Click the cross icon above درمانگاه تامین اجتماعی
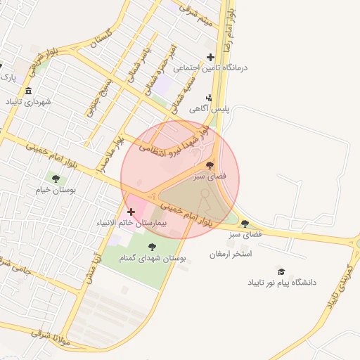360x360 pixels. point(210,57)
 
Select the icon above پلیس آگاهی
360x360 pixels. point(208,98)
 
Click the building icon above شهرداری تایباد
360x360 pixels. point(28,91)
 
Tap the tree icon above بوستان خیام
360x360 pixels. point(56,179)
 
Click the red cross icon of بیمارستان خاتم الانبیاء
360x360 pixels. point(131,211)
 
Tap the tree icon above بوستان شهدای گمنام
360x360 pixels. point(153,246)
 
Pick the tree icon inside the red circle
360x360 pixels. point(210,165)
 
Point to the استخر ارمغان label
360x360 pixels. point(231,253)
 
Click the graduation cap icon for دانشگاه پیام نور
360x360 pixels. point(281,271)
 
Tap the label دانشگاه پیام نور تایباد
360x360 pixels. point(281,282)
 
